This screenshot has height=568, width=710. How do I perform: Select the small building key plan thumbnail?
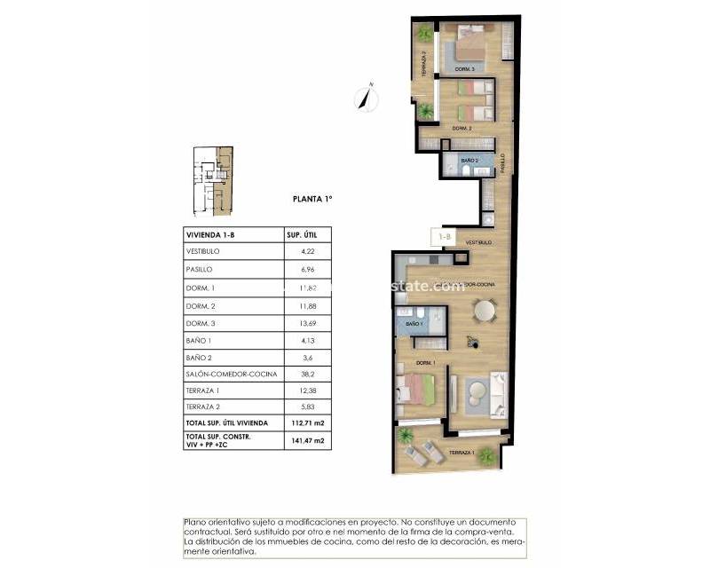[213, 180]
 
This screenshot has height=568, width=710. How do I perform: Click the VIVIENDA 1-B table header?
[210, 234]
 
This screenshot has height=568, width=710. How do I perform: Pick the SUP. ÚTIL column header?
[302, 234]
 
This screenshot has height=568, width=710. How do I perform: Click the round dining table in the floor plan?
[485, 311]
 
